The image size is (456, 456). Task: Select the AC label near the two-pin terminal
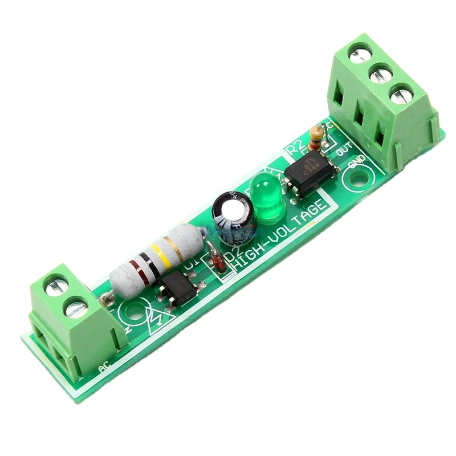point(105,369)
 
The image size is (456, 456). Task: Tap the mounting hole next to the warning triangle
point(135,311)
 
